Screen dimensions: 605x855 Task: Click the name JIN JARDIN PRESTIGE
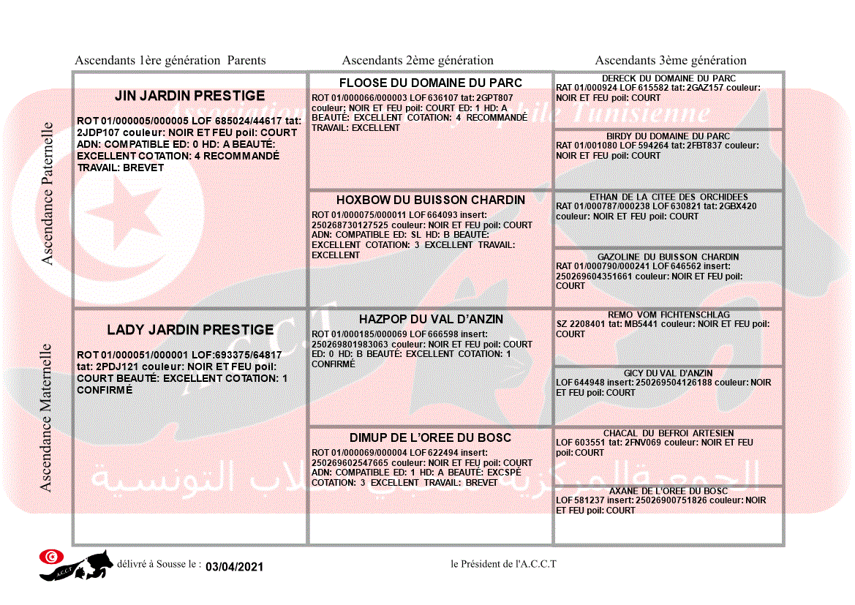tap(190, 96)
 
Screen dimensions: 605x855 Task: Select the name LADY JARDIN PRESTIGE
tap(190, 330)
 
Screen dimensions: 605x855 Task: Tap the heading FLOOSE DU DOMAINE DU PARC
tap(431, 83)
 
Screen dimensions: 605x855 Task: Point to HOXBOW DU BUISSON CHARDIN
tap(431, 200)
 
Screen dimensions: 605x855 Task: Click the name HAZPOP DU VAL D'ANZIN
tap(431, 320)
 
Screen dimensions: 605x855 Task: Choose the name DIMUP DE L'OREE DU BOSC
tap(431, 438)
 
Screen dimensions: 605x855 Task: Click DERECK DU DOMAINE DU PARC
tap(668, 78)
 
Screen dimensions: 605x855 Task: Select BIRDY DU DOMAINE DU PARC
tap(668, 136)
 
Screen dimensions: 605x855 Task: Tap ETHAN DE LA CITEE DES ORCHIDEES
tap(668, 197)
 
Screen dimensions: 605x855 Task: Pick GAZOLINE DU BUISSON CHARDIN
tap(668, 257)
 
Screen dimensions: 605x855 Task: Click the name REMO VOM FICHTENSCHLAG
tap(668, 315)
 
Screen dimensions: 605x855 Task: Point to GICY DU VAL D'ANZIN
tap(668, 373)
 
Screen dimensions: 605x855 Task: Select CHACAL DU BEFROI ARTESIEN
tap(668, 433)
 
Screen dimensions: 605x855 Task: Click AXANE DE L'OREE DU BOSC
tap(668, 491)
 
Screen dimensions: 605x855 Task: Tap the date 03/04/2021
tap(234, 567)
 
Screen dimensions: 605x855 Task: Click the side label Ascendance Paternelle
tap(48, 193)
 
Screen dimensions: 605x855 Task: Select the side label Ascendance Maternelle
tap(48, 417)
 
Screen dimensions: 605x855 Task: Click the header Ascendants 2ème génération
tap(418, 61)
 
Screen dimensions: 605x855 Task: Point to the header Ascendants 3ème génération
tap(671, 61)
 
